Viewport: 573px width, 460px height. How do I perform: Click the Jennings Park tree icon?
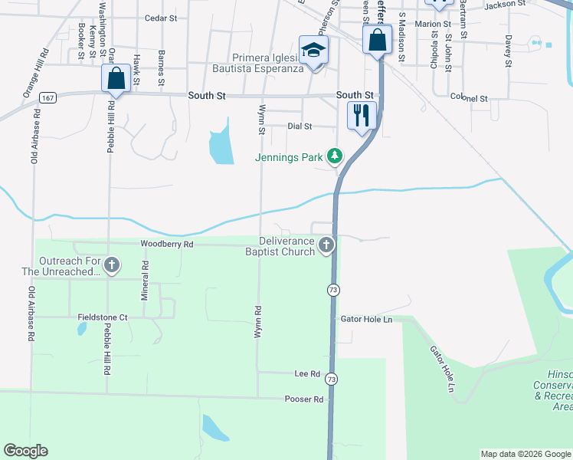[x=334, y=156]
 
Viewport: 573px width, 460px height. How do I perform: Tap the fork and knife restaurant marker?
[x=362, y=115]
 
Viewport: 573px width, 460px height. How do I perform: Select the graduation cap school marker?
[x=313, y=50]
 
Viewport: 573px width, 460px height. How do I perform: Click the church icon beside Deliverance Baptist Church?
[x=326, y=246]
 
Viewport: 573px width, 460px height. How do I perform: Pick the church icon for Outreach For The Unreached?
[x=112, y=266]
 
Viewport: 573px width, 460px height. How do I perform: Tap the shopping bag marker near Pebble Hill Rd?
[x=115, y=77]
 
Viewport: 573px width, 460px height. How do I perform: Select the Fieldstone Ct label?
[x=102, y=317]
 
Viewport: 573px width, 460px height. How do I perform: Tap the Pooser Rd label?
[x=304, y=399]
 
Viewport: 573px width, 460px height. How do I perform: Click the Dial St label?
[x=300, y=126]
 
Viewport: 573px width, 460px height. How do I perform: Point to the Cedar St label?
[x=161, y=18]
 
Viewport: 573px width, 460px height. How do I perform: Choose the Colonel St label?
[x=469, y=98]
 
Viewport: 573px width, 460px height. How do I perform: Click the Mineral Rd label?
[x=145, y=272]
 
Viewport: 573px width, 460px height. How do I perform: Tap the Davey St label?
[x=507, y=51]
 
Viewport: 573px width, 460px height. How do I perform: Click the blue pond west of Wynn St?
[x=221, y=142]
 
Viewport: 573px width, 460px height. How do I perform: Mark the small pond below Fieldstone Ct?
[x=80, y=330]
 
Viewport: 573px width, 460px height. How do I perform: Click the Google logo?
[x=25, y=451]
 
